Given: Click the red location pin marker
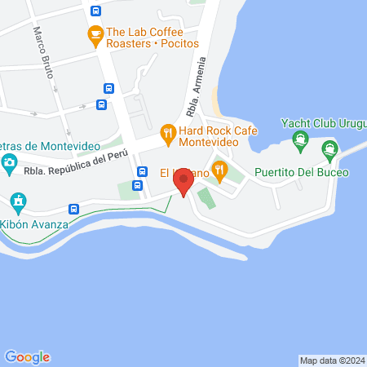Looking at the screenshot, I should [x=184, y=180].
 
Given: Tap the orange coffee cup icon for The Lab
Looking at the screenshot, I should [x=95, y=34].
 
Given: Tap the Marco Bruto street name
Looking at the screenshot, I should [x=43, y=52].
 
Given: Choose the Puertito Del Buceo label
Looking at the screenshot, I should [x=301, y=173].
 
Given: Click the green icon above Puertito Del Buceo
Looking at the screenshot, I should [x=329, y=148].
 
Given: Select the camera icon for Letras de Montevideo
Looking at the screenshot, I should [x=9, y=162].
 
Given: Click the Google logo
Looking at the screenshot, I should [x=27, y=356].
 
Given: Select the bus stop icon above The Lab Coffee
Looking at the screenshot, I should [x=96, y=11].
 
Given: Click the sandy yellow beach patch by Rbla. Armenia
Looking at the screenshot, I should [x=214, y=102].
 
